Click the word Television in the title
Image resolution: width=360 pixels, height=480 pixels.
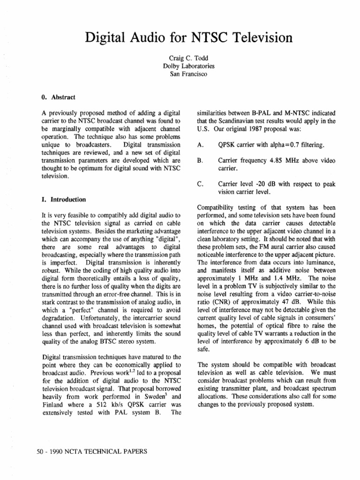(253, 37)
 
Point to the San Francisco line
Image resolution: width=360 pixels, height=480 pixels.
(180, 74)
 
